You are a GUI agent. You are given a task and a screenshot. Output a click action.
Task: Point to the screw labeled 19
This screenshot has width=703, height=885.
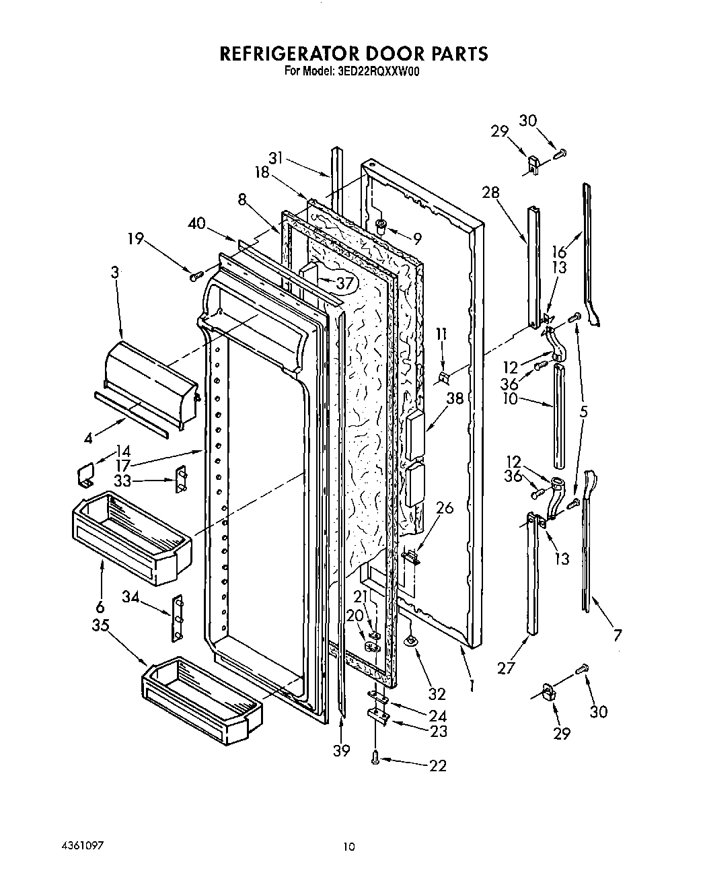(x=195, y=275)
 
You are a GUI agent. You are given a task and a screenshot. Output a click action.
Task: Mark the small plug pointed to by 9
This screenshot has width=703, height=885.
(x=381, y=227)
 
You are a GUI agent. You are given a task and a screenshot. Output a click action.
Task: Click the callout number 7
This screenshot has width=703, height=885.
(x=617, y=634)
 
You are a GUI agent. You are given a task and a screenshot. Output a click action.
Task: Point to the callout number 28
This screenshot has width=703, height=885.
(x=490, y=192)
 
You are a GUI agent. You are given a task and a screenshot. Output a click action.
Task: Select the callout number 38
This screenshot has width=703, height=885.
(x=455, y=398)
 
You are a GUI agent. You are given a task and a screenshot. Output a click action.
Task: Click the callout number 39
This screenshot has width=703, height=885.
(x=342, y=750)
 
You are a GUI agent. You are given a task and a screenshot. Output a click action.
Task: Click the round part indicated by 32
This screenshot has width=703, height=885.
(x=411, y=643)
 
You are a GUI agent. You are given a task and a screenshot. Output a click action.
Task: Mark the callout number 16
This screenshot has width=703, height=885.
(x=559, y=253)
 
